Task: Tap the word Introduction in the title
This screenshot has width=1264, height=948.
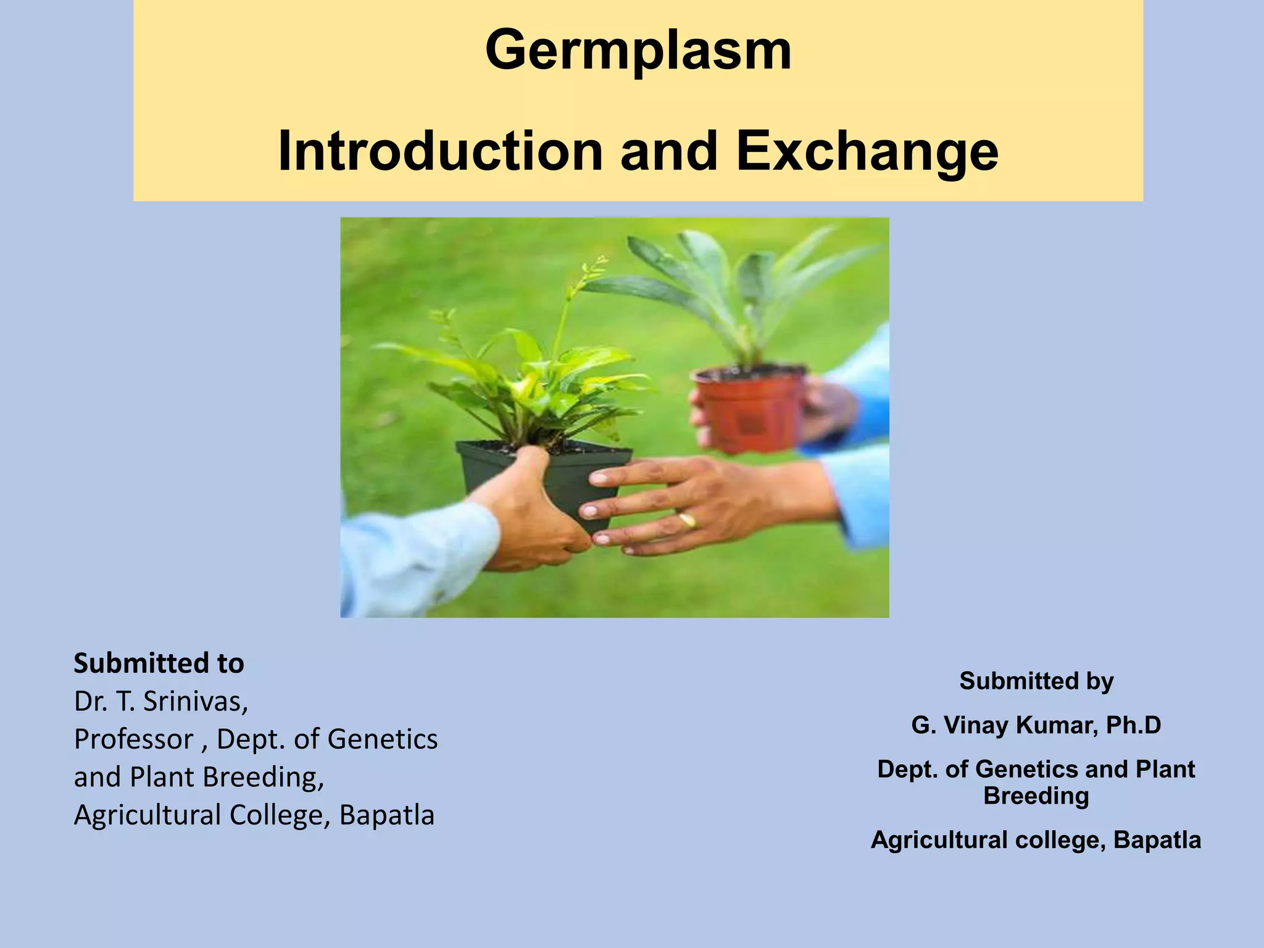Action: point(440,151)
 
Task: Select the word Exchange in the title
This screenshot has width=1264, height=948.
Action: point(867,151)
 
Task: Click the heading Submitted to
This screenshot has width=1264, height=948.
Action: point(159,663)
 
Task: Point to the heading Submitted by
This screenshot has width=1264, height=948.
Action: point(1036,681)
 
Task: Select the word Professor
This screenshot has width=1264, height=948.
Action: point(133,739)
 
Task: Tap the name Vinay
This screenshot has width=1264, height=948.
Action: point(977,725)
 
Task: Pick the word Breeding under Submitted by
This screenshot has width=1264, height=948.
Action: point(1036,796)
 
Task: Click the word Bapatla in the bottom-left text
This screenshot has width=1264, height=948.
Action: point(387,815)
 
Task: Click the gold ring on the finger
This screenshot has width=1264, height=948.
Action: point(688,520)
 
